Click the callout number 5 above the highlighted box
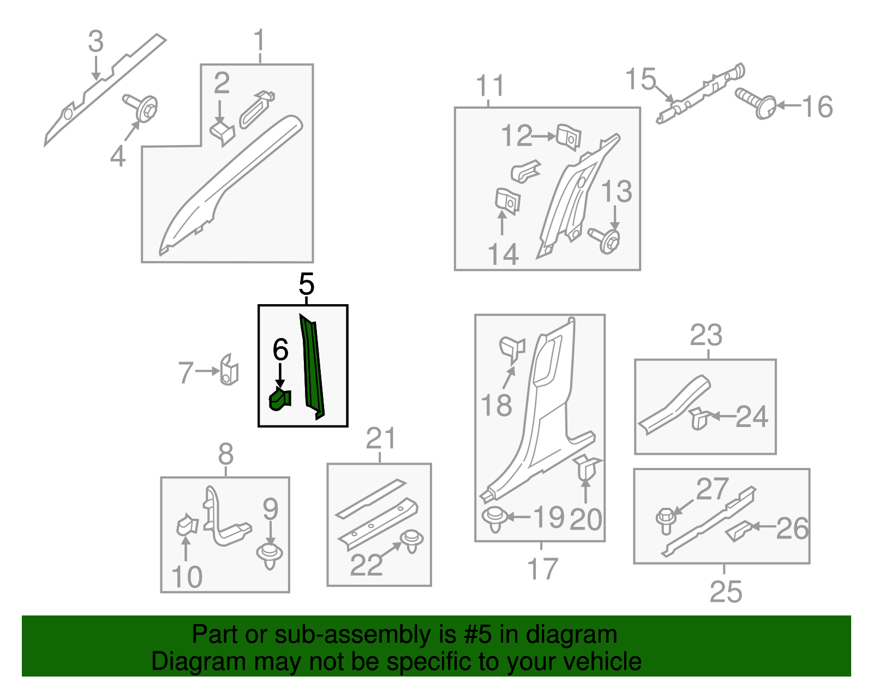point(306,284)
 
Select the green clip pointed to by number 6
point(279,399)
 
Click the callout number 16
point(817,107)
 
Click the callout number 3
point(95,41)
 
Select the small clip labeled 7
point(229,370)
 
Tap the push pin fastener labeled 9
point(270,556)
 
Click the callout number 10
point(187,577)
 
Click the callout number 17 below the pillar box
point(542,568)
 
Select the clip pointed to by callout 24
point(699,418)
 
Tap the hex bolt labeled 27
point(666,520)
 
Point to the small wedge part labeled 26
point(738,531)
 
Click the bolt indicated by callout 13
point(605,240)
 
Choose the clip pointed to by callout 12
point(569,138)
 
